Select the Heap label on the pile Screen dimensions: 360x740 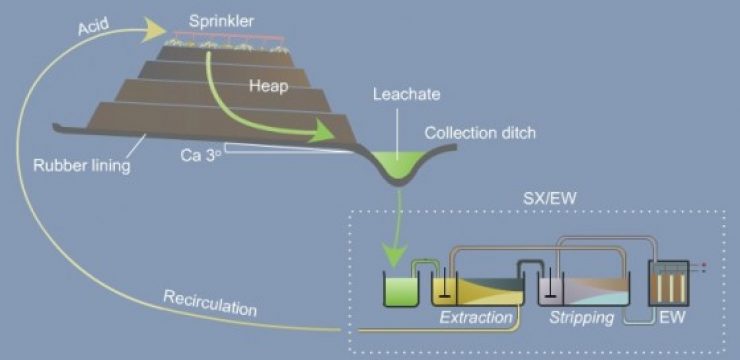268,86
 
